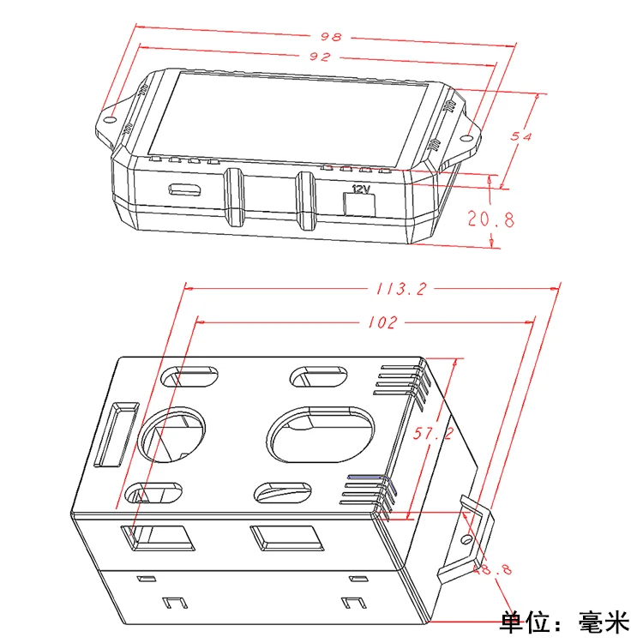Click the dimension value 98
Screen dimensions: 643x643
point(331,37)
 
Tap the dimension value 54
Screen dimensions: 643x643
point(520,136)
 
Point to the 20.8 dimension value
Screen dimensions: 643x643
point(491,219)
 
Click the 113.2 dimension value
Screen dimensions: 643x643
point(400,289)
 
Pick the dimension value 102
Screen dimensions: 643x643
point(382,322)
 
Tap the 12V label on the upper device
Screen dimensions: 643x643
point(360,189)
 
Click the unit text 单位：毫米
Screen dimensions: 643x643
point(565,620)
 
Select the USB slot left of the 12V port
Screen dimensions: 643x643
point(184,189)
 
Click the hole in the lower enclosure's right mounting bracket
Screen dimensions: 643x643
point(466,540)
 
